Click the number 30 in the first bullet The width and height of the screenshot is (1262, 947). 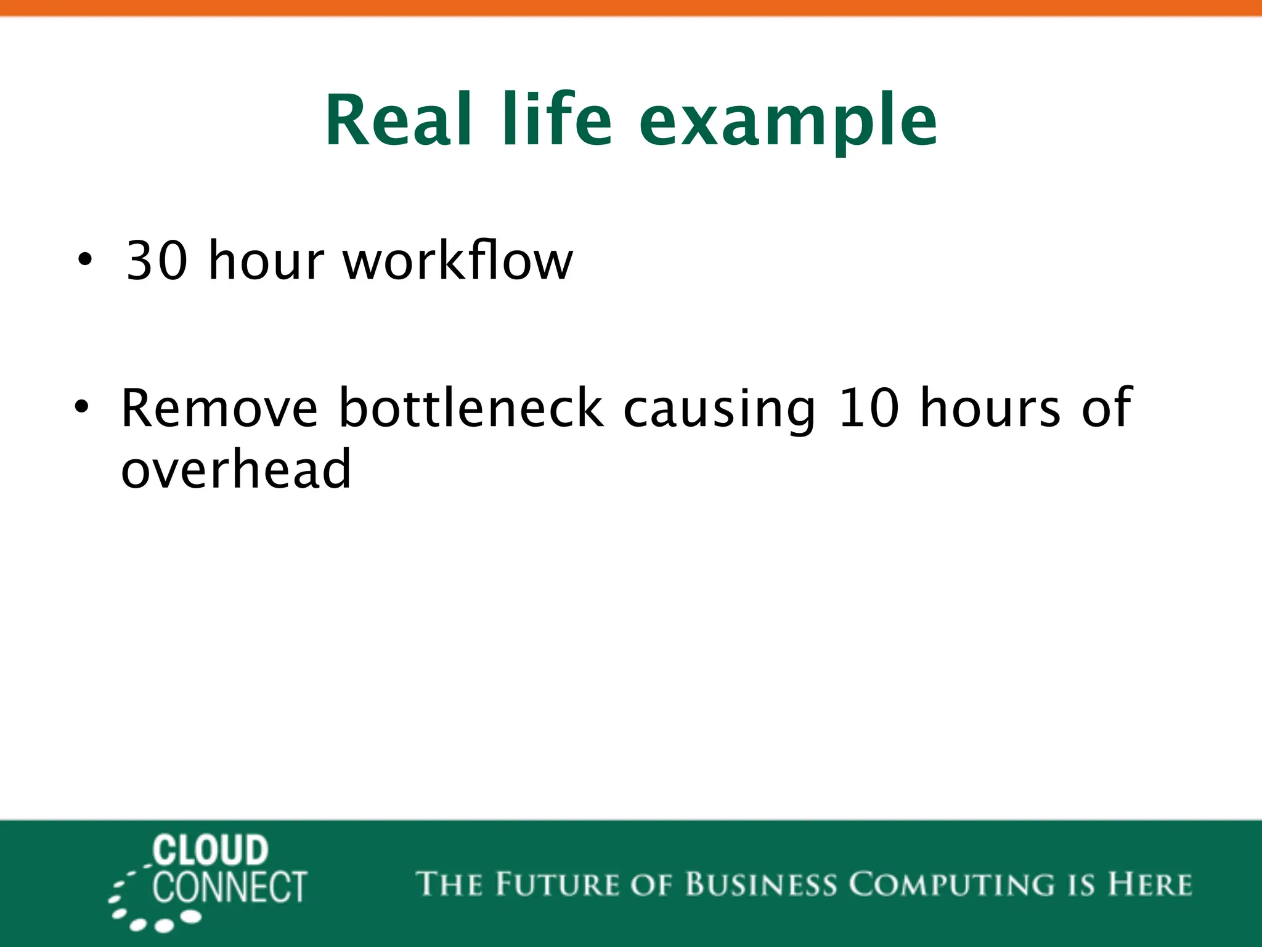157,261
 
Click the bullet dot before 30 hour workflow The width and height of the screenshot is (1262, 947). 85,260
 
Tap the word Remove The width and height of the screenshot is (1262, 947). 219,408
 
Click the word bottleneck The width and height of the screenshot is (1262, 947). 471,408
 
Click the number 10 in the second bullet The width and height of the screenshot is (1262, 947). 869,408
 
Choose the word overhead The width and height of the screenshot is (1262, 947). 236,469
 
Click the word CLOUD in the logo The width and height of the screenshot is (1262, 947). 211,851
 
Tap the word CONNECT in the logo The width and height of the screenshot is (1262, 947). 230,887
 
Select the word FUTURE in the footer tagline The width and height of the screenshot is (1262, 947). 557,884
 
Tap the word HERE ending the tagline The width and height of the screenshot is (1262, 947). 1149,884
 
